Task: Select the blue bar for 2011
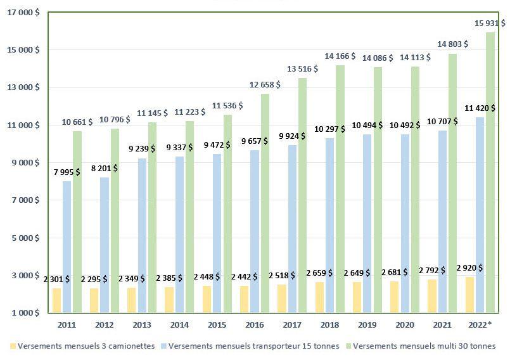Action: (67, 247)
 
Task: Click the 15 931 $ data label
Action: (490, 23)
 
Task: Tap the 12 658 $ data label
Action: (265, 84)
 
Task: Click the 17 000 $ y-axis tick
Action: (22, 12)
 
